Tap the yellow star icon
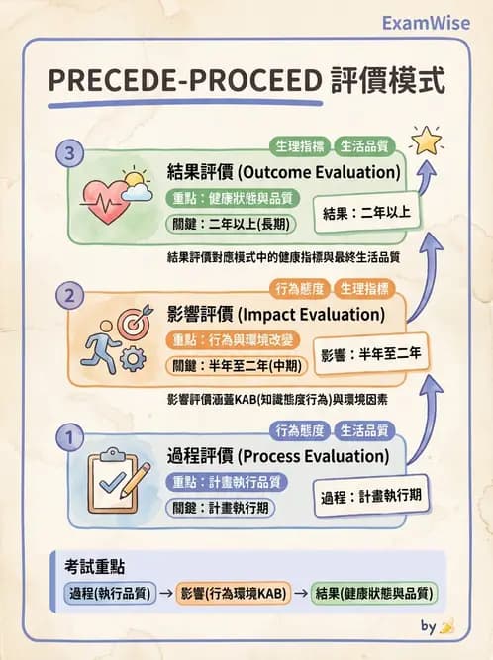(428, 141)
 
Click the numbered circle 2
(68, 295)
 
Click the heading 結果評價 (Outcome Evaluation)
(283, 172)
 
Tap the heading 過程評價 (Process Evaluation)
(278, 456)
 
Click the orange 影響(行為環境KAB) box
(233, 594)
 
